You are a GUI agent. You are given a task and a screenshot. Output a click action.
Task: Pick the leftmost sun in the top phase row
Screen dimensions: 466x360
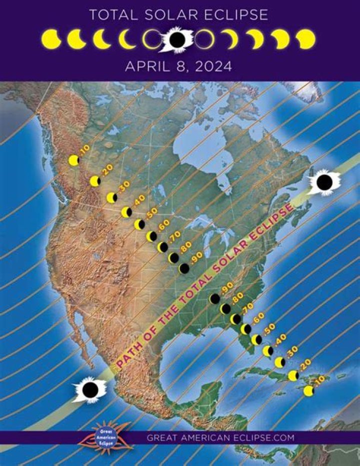[x=51, y=40]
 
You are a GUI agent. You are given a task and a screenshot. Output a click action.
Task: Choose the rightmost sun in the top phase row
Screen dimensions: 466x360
[x=305, y=40]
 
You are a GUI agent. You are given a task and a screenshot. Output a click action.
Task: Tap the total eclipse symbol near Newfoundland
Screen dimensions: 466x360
[x=323, y=183]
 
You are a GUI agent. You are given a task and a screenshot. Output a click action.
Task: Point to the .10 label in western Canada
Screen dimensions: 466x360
[x=84, y=149]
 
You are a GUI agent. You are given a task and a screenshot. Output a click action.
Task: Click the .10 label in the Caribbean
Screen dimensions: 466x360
[x=319, y=380]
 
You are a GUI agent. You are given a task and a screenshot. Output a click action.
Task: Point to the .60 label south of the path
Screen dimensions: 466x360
[x=258, y=318]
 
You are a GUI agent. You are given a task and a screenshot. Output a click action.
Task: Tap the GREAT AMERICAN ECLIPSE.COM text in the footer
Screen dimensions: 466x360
[x=220, y=437]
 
